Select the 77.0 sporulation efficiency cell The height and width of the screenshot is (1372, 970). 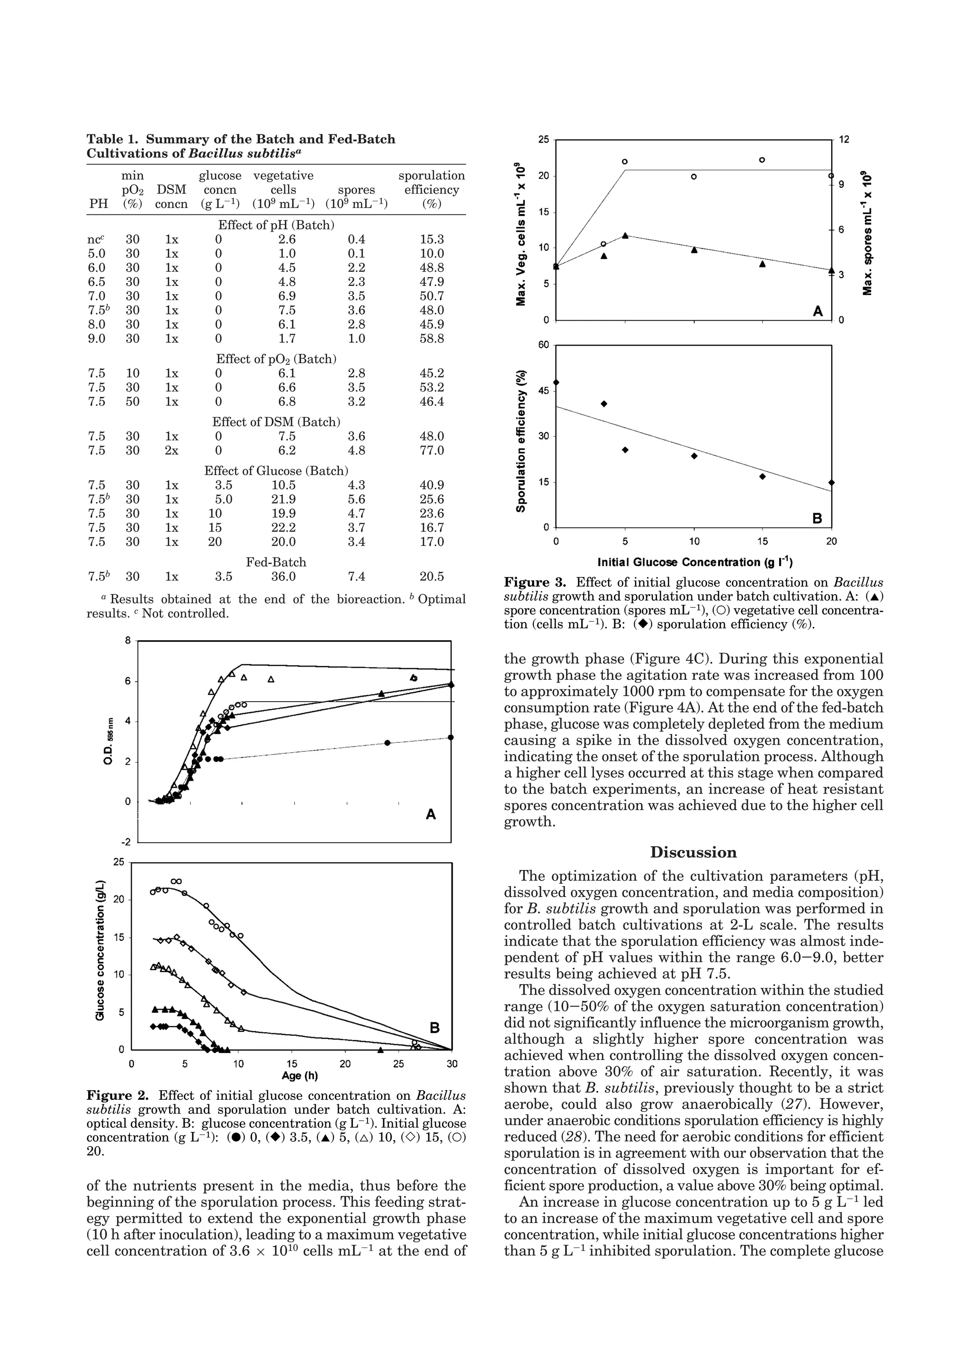[431, 451]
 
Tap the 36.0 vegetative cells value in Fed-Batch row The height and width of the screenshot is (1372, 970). [283, 577]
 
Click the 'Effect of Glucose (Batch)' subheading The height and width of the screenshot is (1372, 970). [276, 471]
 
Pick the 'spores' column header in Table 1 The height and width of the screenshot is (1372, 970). [356, 190]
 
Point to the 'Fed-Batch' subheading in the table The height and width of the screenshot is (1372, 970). [276, 562]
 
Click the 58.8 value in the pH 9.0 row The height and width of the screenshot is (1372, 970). [431, 339]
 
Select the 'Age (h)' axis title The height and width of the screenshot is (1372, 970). [299, 1076]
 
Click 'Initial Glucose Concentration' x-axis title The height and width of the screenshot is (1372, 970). [694, 562]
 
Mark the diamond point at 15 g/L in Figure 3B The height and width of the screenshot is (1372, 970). [763, 476]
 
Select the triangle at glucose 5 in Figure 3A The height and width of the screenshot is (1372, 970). [625, 235]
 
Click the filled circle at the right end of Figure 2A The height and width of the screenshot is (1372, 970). [450, 738]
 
